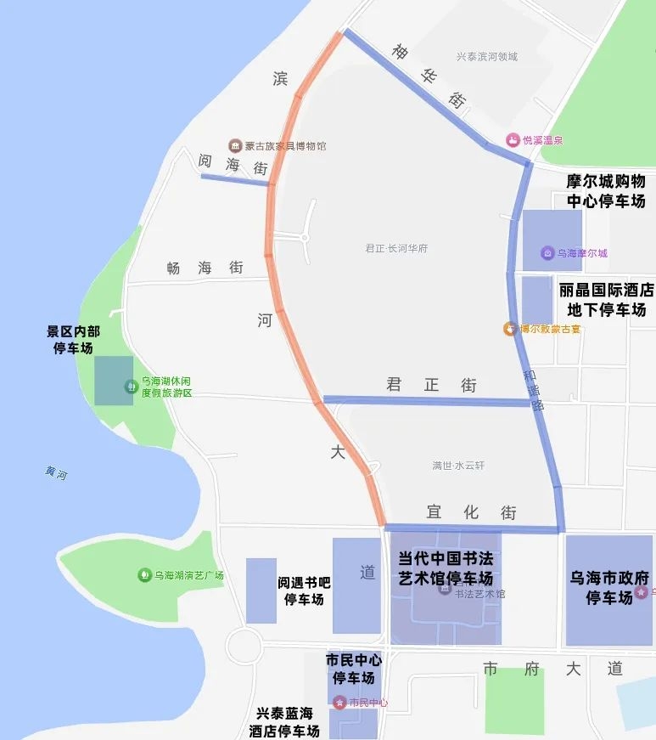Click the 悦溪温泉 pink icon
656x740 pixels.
click(513, 140)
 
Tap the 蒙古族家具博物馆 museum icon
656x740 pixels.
click(234, 146)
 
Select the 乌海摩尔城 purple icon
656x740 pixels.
click(547, 253)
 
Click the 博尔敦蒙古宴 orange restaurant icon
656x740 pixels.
click(510, 329)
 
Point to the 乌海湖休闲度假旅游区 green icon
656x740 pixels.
click(131, 387)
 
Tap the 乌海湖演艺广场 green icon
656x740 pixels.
click(144, 575)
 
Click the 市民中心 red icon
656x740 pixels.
click(339, 703)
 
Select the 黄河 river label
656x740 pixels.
click(57, 473)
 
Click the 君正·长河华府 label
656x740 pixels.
click(396, 249)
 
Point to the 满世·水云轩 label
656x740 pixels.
click(458, 466)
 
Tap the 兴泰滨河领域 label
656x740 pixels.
click(486, 57)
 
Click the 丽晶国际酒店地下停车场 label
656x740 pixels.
click(607, 299)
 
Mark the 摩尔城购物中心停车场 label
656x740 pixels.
click(606, 191)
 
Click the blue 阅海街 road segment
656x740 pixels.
click(235, 180)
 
